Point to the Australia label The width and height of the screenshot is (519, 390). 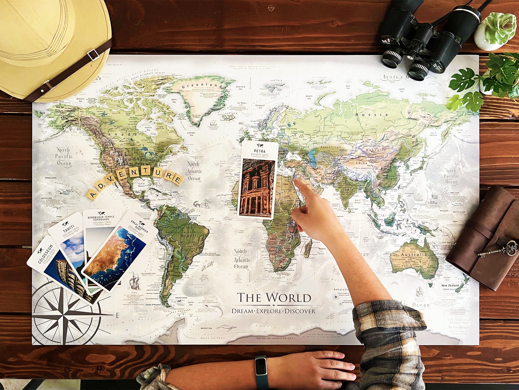[414, 255]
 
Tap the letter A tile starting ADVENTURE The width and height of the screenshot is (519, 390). [92, 194]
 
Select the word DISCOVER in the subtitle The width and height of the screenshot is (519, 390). [300, 311]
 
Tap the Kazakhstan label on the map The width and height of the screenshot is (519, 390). [331, 147]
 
